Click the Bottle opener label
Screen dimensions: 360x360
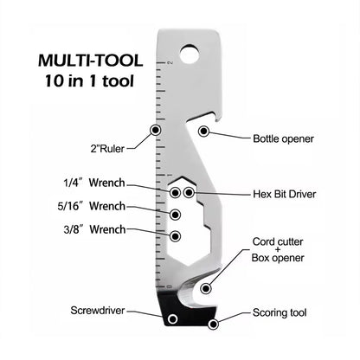283,138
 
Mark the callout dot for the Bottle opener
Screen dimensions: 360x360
204,132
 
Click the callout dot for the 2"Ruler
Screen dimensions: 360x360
156,130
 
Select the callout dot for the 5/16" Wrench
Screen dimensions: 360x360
176,215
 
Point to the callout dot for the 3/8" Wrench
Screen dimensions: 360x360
176,235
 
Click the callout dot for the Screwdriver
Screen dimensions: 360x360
172,319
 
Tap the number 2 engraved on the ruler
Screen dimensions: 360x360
171,61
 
